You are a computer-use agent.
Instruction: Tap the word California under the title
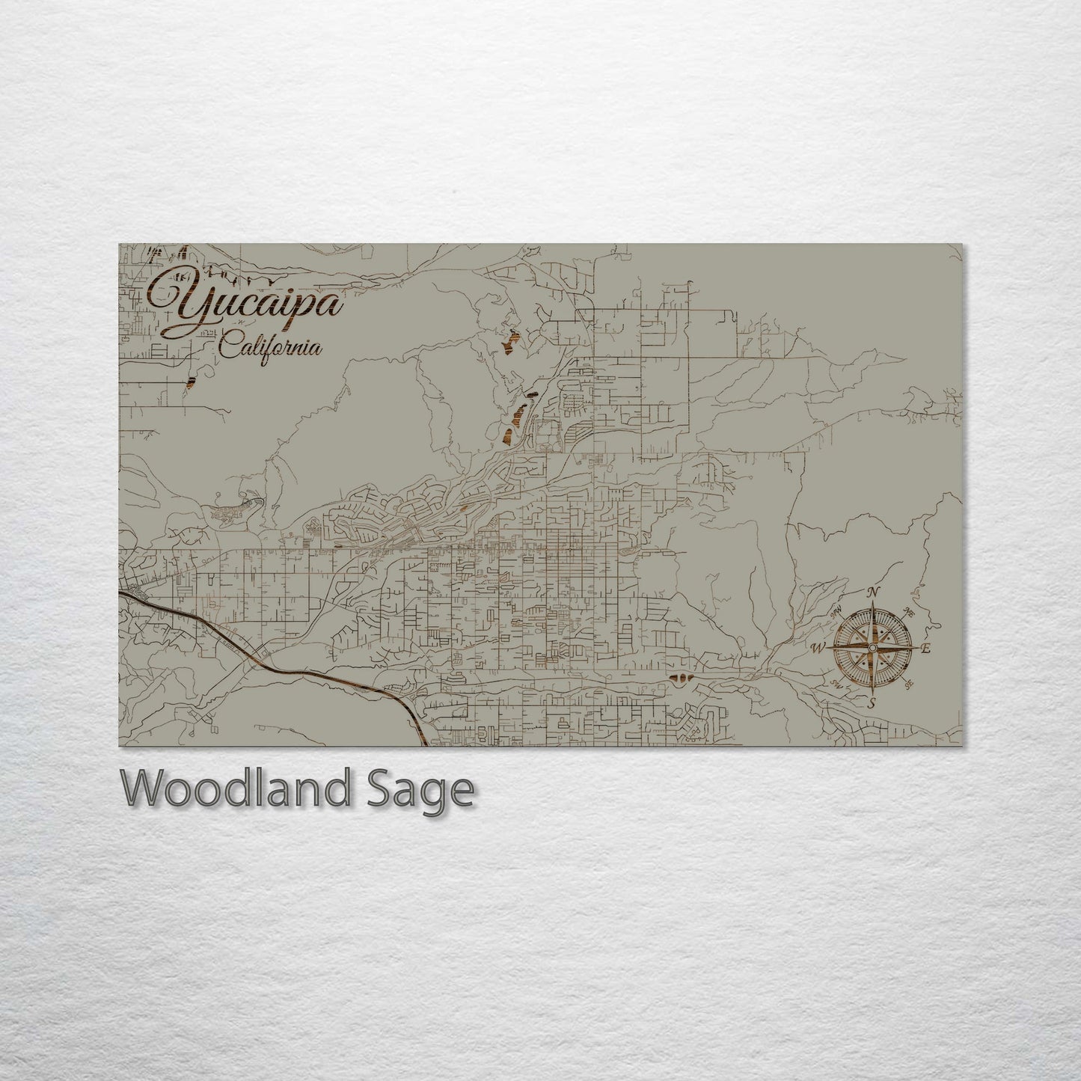coord(271,349)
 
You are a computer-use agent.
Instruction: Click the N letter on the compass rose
coord(872,593)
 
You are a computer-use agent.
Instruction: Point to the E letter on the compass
coord(926,649)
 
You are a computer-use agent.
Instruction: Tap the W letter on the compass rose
coord(818,648)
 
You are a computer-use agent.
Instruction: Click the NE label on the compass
coord(909,611)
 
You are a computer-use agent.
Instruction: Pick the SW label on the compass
coord(836,685)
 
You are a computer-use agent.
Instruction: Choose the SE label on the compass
coord(909,685)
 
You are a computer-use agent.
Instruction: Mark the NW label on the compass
coord(836,611)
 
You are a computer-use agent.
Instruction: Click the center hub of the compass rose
coord(872,648)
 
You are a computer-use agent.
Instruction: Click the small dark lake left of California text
coord(189,381)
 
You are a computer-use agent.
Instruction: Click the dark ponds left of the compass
coord(681,679)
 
